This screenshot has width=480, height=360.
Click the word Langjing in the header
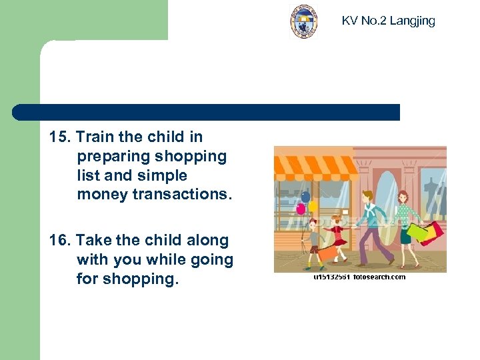412,21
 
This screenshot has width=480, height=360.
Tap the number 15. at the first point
60,137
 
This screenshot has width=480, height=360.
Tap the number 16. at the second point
60,241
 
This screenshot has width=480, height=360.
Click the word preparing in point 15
113,157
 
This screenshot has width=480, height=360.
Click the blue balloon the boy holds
306,197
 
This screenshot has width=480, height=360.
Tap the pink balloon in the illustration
301,209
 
